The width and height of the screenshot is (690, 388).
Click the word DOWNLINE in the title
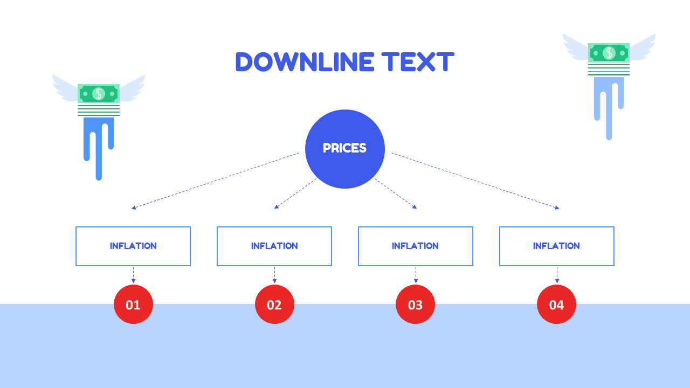click(305, 62)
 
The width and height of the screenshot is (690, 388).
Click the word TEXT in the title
click(418, 62)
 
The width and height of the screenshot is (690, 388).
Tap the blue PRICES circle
click(344, 149)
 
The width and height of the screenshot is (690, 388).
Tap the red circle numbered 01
click(133, 304)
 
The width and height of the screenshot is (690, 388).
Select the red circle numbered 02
click(274, 304)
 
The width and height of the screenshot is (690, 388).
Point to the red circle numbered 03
click(415, 304)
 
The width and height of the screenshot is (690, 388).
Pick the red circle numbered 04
click(556, 304)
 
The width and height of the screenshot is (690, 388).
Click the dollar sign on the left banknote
click(99, 94)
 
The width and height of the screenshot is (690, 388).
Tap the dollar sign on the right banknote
click(609, 53)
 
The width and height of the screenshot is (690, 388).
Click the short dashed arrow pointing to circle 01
click(133, 275)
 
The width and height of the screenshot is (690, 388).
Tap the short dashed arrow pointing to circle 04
click(557, 275)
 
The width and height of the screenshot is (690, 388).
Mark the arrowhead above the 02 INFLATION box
click(277, 207)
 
